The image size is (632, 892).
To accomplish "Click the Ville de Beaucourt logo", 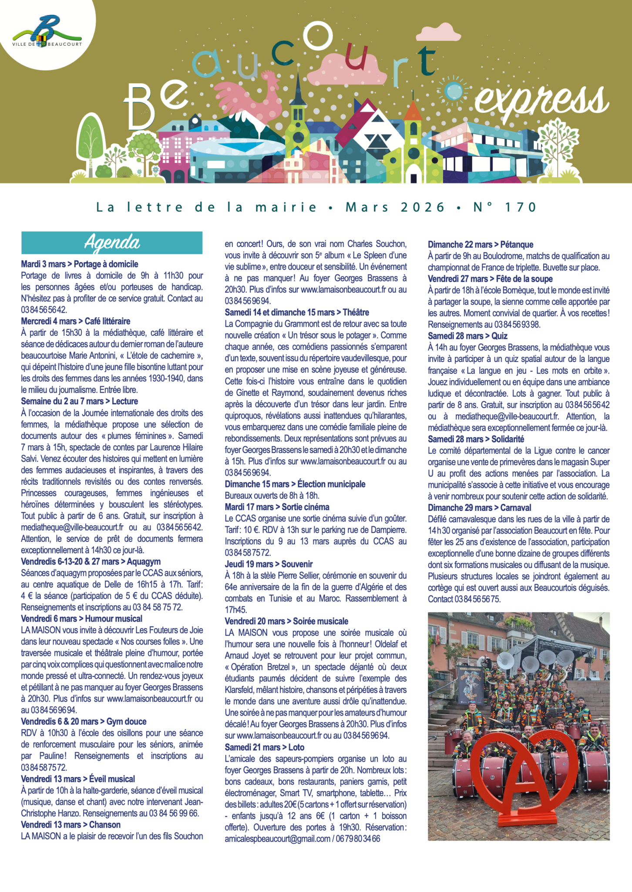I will tap(47, 32).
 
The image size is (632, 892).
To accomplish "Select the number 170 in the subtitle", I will tap(521, 207).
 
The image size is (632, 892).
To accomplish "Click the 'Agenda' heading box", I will tap(112, 243).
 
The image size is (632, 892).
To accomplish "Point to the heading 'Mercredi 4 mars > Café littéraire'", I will tap(76, 321).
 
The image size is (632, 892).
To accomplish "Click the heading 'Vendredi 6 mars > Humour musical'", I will tap(81, 619).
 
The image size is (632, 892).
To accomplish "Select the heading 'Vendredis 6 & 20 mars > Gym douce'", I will tap(84, 722).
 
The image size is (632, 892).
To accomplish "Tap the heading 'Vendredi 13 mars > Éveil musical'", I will tap(78, 779).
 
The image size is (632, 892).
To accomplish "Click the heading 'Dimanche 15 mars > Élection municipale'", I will tap(295, 484).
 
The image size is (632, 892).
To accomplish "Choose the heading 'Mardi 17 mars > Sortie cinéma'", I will tap(277, 507).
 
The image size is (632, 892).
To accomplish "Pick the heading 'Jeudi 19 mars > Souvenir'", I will tap(269, 564).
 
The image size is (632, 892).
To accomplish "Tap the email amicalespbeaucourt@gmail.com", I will tap(277, 839).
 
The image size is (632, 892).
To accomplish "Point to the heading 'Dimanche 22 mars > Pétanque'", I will tap(480, 245).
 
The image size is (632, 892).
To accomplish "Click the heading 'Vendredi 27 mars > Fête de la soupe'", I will tap(490, 279).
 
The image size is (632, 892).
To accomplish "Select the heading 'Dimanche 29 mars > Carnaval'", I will tap(479, 508).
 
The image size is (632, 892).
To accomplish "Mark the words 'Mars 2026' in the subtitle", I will tap(395, 207).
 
